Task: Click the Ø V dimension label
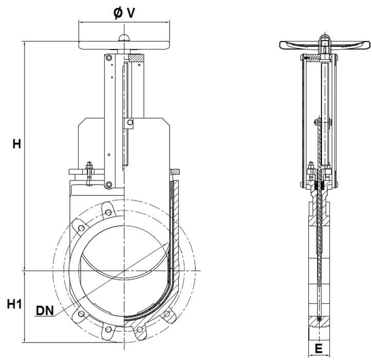coord(124,12)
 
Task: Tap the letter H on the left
coord(17,144)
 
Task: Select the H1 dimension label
coord(13,304)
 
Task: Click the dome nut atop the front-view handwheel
coord(124,37)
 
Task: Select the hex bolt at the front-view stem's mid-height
coord(131,122)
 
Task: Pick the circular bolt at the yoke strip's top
coord(109,58)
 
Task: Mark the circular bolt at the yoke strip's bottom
coord(109,185)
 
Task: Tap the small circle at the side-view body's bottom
coord(320,320)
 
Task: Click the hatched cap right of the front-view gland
coord(174,170)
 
